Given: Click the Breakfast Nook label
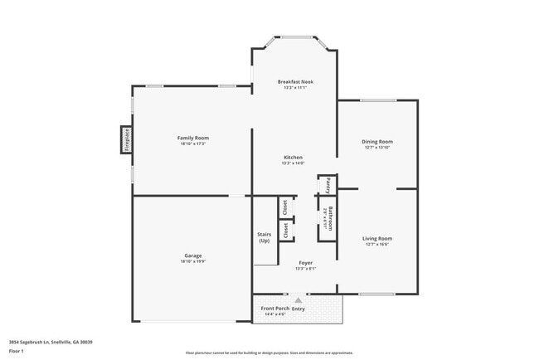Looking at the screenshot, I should click(x=294, y=81).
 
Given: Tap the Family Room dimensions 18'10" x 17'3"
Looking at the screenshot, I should click(x=192, y=144).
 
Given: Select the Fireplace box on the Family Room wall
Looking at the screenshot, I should click(x=127, y=140).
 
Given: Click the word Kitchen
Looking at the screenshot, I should click(x=294, y=157).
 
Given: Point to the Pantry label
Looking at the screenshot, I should click(x=328, y=183).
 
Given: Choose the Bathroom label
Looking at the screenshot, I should click(x=330, y=218).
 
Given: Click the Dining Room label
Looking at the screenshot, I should click(x=376, y=141).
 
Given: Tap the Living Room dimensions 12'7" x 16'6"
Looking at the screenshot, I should click(x=376, y=245).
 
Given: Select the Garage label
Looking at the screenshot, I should click(x=192, y=255).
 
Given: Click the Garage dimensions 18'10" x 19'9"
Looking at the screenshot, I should click(x=192, y=261).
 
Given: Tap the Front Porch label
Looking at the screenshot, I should click(x=274, y=309).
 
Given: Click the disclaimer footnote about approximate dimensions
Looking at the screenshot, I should click(x=269, y=353).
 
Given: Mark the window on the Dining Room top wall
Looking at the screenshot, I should click(x=377, y=100).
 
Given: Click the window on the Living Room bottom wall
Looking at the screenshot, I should click(x=376, y=294).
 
